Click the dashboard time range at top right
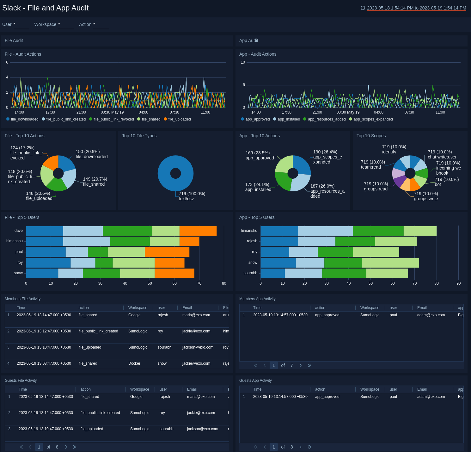pyautogui.click(x=416, y=8)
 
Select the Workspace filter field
pyautogui.click(x=66, y=25)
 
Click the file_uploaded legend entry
pyautogui.click(x=179, y=119)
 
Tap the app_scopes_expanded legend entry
pyautogui.click(x=373, y=119)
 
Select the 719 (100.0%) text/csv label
pyautogui.click(x=192, y=196)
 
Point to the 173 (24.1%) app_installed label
pyautogui.click(x=258, y=187)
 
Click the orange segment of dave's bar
pyautogui.click(x=198, y=231)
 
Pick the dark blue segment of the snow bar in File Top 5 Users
pyautogui.click(x=42, y=273)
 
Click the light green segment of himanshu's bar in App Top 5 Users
pyautogui.click(x=420, y=231)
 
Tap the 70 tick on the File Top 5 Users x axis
pyautogui.click(x=199, y=283)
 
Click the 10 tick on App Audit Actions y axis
pyautogui.click(x=243, y=62)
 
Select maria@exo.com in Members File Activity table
pyautogui.click(x=196, y=315)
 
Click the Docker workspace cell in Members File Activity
pyautogui.click(x=134, y=363)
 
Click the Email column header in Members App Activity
pyautogui.click(x=422, y=308)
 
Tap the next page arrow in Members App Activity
pyautogui.click(x=300, y=365)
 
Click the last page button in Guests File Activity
pyautogui.click(x=75, y=447)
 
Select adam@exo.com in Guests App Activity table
pyautogui.click(x=431, y=397)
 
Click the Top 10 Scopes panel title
pyautogui.click(x=371, y=136)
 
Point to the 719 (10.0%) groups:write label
pyautogui.click(x=426, y=196)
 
